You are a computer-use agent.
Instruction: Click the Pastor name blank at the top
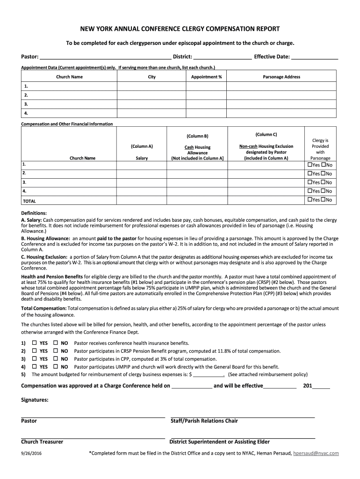click(x=105, y=58)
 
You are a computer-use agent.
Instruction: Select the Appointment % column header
click(x=206, y=77)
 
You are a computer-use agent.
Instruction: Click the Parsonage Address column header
click(x=281, y=77)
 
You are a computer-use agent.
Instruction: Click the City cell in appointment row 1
click(x=151, y=87)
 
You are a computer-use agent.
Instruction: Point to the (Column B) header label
click(x=197, y=136)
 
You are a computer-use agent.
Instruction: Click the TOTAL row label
click(x=29, y=201)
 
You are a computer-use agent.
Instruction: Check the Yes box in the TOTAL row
click(x=309, y=200)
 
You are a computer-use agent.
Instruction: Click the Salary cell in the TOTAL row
click(x=141, y=200)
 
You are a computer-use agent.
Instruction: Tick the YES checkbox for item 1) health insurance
click(x=35, y=343)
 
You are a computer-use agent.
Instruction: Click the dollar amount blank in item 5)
click(x=209, y=375)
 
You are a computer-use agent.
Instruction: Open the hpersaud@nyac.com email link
click(x=316, y=453)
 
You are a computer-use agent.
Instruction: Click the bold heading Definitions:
click(x=34, y=213)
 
